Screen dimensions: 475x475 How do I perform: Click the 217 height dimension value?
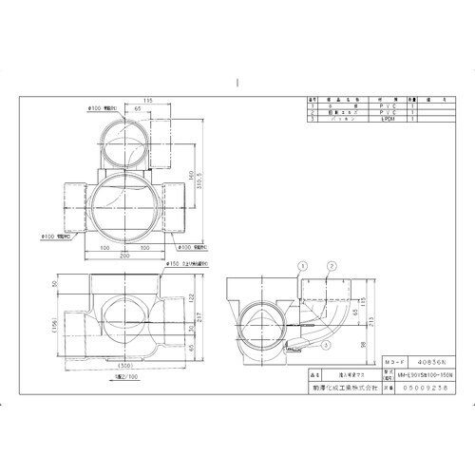202,316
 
